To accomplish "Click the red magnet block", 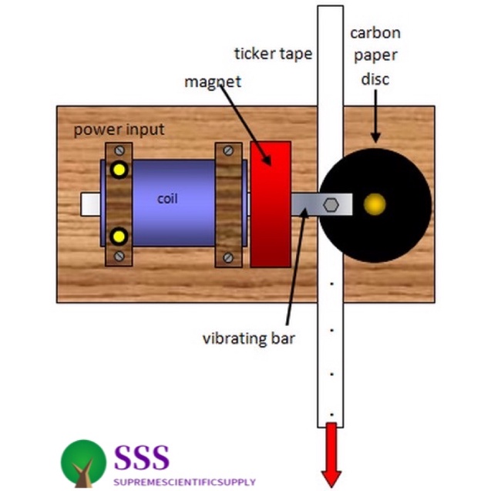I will (271, 203).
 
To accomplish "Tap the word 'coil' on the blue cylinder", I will (167, 199).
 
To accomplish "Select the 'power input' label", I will (119, 129).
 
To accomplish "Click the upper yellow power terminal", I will (118, 169).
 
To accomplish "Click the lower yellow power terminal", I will (118, 235).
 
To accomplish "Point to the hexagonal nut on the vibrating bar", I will (331, 204).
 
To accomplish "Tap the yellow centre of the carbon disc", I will (375, 204).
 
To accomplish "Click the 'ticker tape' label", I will (273, 53).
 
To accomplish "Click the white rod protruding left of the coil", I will (91, 203).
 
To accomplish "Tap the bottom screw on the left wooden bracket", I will (119, 255).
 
